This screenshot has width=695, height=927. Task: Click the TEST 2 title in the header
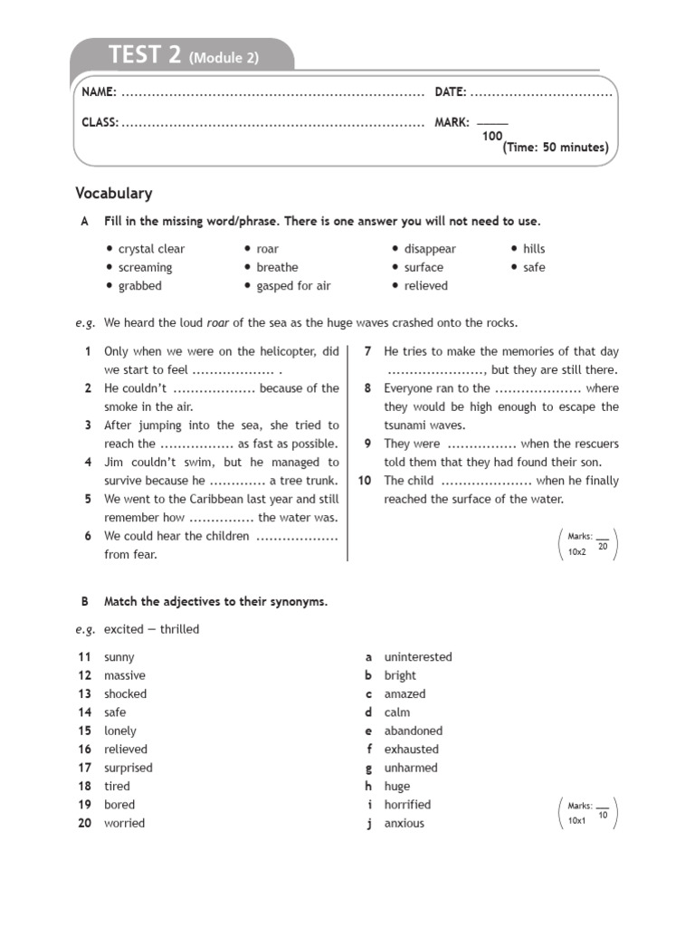145,55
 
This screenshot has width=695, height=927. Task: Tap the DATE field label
451,92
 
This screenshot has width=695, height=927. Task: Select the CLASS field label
100,122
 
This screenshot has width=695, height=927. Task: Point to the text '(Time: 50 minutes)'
556,148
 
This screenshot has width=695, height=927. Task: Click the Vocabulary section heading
114,193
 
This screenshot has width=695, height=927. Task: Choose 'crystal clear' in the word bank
151,249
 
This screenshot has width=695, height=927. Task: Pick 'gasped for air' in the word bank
293,286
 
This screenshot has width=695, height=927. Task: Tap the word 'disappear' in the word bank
430,249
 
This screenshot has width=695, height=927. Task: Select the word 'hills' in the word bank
534,249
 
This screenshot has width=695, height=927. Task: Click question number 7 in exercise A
368,351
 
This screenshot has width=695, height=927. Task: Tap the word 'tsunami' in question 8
405,425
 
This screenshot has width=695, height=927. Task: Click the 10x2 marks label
576,551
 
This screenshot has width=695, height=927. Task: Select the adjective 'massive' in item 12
125,675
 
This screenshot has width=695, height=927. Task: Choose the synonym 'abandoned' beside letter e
414,731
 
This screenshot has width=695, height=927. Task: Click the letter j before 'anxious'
369,823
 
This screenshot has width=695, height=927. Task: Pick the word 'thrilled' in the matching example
180,629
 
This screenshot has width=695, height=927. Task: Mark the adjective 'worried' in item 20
124,823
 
